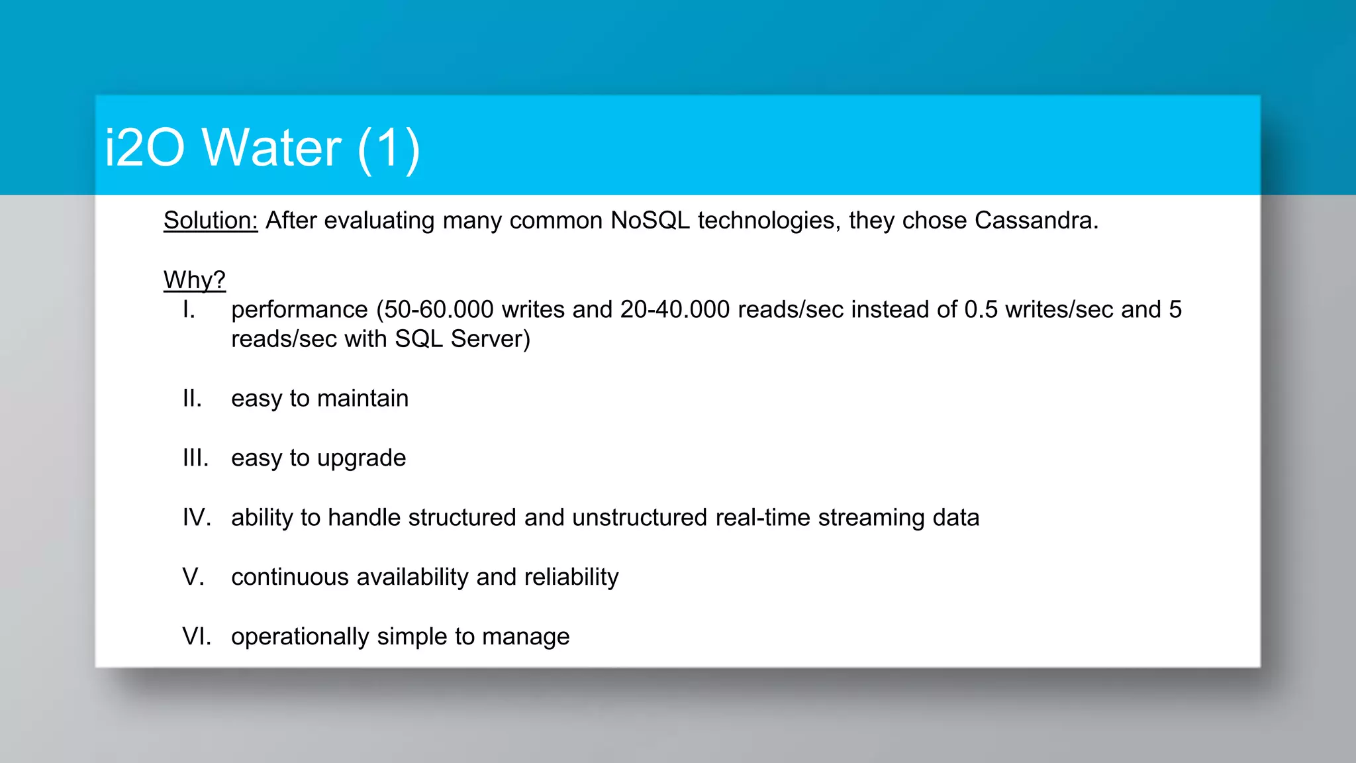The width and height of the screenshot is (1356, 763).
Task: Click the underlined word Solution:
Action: tap(211, 221)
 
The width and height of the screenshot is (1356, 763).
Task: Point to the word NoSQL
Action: tap(650, 221)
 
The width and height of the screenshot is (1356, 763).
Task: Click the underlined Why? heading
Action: tap(195, 280)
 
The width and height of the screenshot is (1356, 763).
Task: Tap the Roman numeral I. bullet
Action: tap(189, 309)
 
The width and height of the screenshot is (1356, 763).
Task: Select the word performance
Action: tap(299, 310)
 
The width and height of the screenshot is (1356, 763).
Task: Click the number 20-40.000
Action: tap(675, 309)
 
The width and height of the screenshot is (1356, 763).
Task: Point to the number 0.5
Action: tap(981, 309)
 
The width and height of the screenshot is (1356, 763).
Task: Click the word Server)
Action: tap(491, 339)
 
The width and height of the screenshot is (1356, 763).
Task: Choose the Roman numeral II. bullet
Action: tap(192, 399)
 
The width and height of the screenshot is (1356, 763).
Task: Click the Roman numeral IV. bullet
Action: tap(197, 518)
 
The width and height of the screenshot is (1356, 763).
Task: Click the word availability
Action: tap(412, 578)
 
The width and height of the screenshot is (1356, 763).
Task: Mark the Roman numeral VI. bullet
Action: tap(197, 637)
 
